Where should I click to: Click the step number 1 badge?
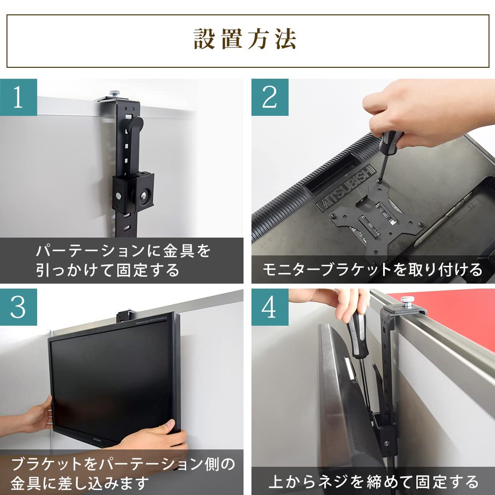pyautogui.click(x=18, y=97)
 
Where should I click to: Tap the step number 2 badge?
pyautogui.click(x=270, y=97)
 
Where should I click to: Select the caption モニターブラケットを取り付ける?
pyautogui.click(x=372, y=270)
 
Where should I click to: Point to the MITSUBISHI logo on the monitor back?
pyautogui.click(x=344, y=188)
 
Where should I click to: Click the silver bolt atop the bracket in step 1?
pyautogui.click(x=114, y=93)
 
